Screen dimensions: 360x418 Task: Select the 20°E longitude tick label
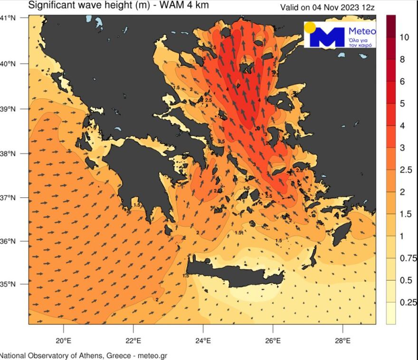click(x=63, y=341)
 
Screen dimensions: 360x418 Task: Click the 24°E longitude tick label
click(x=203, y=341)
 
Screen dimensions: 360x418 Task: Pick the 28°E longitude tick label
click(x=342, y=341)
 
